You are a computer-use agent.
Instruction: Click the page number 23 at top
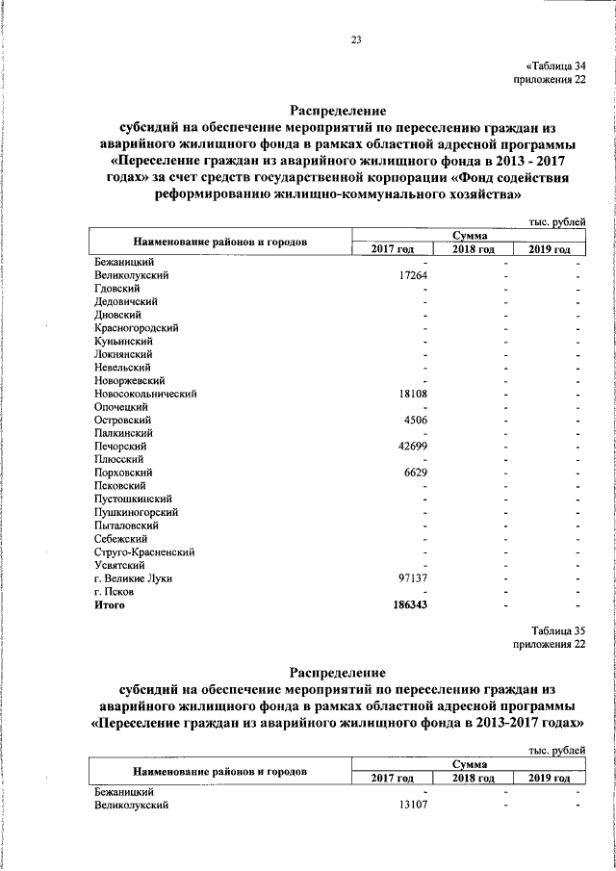[356, 39]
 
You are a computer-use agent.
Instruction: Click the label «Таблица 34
[554, 64]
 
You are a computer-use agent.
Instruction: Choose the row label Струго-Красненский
[145, 552]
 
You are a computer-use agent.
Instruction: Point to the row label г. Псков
[115, 592]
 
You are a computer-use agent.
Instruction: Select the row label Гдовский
[118, 288]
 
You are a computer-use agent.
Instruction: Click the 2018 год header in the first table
[475, 250]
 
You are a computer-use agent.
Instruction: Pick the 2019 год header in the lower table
[549, 779]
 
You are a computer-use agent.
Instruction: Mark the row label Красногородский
[139, 328]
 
